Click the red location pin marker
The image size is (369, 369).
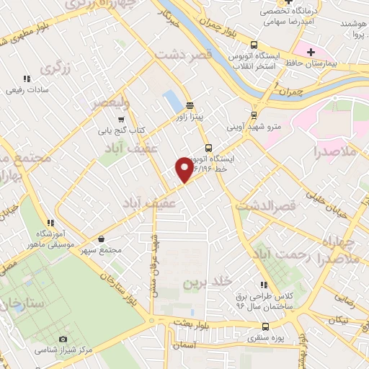pos(184,169)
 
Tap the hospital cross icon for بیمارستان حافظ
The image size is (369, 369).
pos(311,53)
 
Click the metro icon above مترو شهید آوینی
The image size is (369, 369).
pos(254,114)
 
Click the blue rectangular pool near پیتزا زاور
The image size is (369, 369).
pos(171,101)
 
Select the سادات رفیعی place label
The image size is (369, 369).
pos(27,91)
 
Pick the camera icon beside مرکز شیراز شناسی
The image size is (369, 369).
pos(63,339)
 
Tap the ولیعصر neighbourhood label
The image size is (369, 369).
pos(108,102)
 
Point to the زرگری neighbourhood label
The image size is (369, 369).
pos(58,68)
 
